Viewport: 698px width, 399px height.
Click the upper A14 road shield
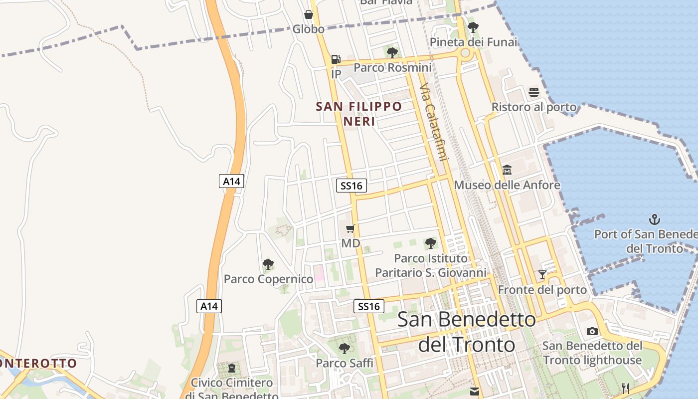pos(232,181)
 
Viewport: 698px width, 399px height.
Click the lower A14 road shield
pos(209,306)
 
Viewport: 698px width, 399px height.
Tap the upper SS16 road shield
pos(351,186)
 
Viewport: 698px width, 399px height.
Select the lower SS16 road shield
pos(369,306)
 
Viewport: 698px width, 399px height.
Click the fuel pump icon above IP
pos(336,59)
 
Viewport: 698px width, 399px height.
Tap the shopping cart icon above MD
pos(350,229)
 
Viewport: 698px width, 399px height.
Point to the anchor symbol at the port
pos(654,219)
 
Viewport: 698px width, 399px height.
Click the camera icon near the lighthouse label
pos(592,331)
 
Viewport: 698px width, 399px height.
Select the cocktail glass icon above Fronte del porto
pos(542,275)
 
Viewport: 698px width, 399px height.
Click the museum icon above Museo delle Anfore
pos(507,170)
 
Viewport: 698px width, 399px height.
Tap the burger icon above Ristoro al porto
pos(534,92)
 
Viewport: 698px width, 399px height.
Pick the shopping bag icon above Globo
pos(309,14)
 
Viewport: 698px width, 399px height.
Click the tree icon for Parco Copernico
pos(268,264)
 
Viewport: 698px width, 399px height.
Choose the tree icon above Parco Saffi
pos(344,348)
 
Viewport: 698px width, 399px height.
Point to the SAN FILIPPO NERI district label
pos(359,113)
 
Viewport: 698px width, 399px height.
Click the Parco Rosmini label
pos(392,67)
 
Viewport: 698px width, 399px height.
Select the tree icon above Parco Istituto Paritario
pos(431,243)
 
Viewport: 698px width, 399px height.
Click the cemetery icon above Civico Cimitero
pos(232,368)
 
